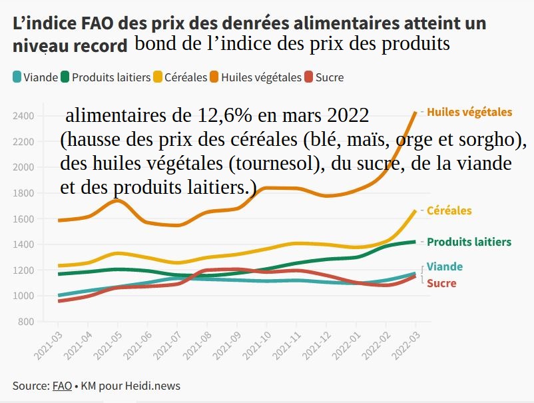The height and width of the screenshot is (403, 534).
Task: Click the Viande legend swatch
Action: click(17, 77)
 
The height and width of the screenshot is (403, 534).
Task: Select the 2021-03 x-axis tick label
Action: click(52, 347)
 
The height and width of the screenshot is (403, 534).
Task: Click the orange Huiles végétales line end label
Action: click(469, 112)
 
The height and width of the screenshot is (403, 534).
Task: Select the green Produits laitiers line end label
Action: click(469, 242)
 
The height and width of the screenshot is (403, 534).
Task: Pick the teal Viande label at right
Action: click(444, 266)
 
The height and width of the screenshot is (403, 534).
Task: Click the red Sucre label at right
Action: click(441, 284)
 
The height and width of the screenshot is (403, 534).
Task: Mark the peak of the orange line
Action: click(415, 113)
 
